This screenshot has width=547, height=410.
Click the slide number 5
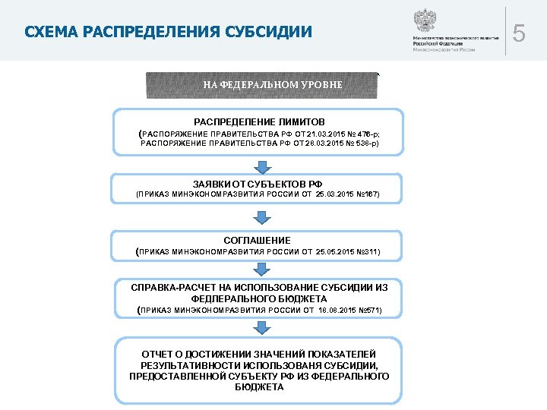[520, 34]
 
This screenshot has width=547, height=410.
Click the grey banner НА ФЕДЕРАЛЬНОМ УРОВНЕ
[261, 84]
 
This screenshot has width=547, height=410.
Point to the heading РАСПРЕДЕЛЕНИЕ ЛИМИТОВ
[259, 121]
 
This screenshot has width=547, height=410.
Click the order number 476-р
[368, 133]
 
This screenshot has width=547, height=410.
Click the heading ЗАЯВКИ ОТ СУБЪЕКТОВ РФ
[258, 184]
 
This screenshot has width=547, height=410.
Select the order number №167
[366, 195]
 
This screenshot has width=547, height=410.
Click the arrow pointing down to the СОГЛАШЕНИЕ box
[261, 218]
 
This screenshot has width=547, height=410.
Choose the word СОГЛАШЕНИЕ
[257, 240]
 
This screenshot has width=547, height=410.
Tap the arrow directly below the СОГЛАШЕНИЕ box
[261, 270]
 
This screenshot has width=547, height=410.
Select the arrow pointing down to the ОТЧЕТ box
[261, 327]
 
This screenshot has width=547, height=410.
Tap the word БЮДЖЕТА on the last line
[259, 387]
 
